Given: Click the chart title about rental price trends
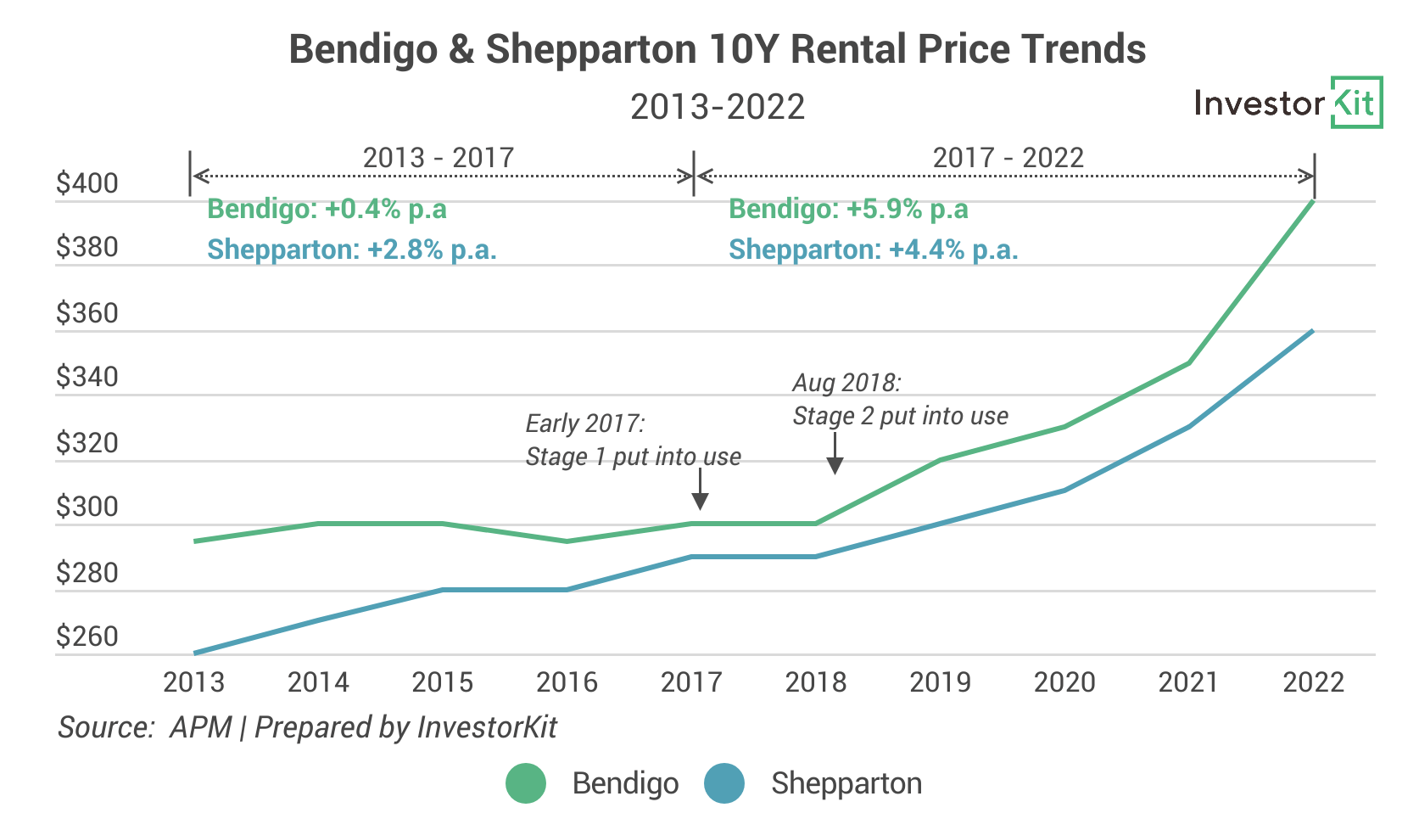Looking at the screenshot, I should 717,49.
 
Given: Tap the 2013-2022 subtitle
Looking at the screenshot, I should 717,107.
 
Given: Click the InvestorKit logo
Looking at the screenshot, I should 1287,103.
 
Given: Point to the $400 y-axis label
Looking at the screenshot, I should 87,183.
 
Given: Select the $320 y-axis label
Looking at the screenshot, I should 87,443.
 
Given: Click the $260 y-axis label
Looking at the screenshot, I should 87,637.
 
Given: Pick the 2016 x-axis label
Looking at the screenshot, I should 567,682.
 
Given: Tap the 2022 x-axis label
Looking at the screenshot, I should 1313,682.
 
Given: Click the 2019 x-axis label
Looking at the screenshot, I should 940,682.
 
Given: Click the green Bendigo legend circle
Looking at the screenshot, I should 526,783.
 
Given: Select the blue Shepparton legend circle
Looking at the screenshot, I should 724,783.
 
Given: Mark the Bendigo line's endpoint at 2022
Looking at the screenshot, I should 1313,201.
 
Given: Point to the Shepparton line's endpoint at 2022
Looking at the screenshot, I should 1313,331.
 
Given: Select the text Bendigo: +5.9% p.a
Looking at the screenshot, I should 848,209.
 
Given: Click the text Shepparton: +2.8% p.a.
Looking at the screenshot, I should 352,250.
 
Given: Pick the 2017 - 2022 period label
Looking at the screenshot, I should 1008,158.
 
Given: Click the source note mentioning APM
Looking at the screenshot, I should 307,727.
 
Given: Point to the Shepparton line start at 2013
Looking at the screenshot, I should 195,653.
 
